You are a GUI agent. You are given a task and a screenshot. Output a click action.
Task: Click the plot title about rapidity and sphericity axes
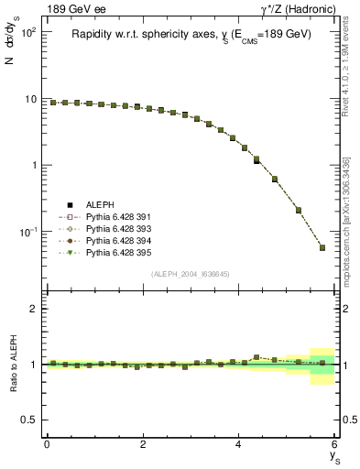191,34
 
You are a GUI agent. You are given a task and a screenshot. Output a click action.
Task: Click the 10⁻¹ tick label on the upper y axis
26,232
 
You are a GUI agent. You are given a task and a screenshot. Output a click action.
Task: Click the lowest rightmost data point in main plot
322,247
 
